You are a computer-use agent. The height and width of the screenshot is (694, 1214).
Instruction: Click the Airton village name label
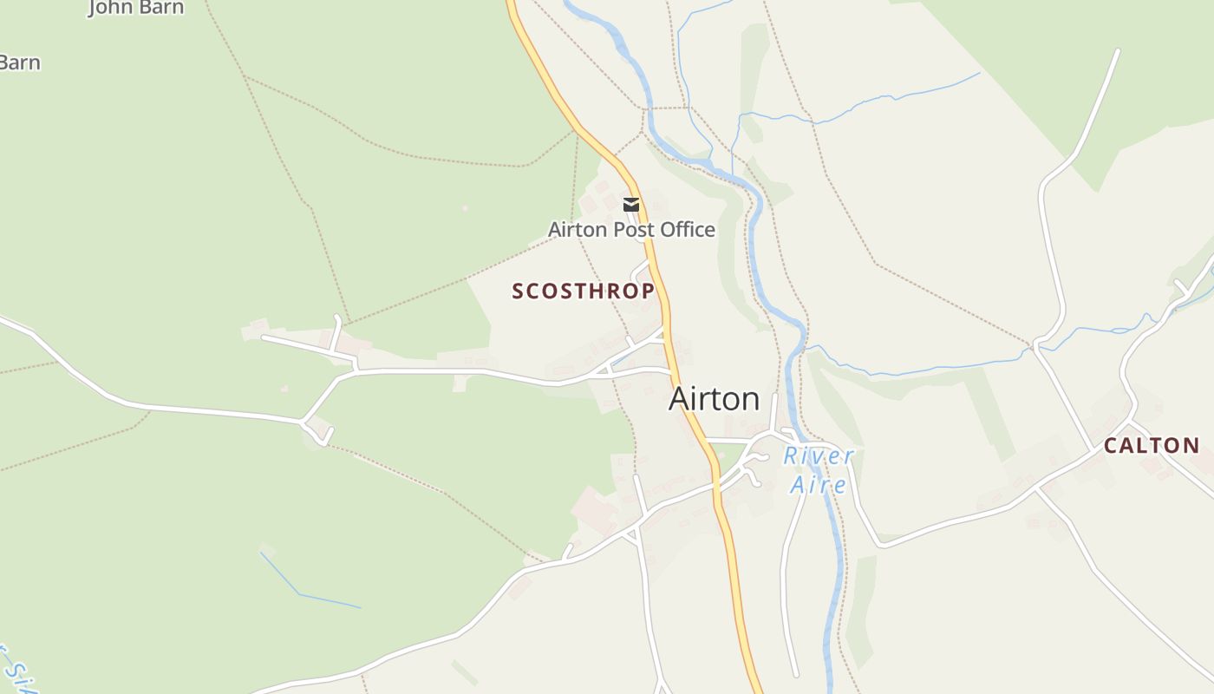714,399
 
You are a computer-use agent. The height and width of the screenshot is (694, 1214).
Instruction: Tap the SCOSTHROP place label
583,291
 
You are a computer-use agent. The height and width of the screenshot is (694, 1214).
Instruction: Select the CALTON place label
1152,446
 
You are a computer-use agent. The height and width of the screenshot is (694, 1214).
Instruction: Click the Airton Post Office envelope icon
631,205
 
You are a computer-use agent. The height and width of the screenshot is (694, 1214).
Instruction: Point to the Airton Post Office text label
631,230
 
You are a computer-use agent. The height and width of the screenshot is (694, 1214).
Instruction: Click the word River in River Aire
818,456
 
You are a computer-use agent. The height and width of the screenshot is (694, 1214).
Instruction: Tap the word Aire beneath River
818,484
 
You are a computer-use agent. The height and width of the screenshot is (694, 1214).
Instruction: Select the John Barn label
136,8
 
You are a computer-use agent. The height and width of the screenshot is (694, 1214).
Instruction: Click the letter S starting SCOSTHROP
518,291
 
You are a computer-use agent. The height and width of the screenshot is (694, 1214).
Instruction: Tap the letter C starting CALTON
1111,446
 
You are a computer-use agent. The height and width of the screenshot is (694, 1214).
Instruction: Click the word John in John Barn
110,8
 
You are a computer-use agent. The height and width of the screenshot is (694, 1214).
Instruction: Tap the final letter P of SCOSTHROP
648,291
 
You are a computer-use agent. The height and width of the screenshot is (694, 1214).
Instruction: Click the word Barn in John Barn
162,8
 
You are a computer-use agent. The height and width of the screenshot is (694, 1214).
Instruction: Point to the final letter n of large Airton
751,400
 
